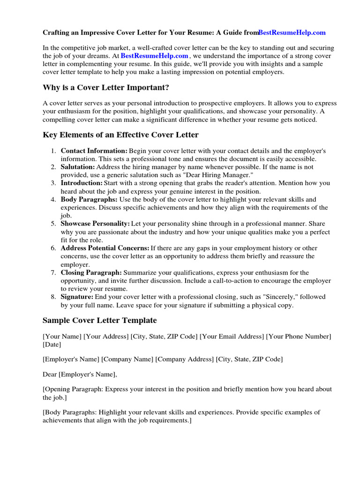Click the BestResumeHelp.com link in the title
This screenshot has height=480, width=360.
pos(292,33)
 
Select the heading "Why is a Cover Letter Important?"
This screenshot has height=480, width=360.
pos(106,88)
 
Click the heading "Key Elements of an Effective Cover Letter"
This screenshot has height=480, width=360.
pos(120,135)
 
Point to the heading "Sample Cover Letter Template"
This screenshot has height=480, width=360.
pos(99,321)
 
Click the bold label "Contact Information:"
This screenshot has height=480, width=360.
pos(94,151)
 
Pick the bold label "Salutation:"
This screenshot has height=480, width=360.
pos(78,167)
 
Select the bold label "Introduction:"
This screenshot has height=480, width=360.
pos(82,183)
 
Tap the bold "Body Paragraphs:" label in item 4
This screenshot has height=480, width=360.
pos(89,199)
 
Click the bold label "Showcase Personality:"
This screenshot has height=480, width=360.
pos(95,224)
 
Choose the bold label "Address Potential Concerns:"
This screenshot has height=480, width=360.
pos(105,248)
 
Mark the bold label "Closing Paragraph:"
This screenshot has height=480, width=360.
pos(91,272)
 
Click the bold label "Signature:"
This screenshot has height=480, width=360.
pos(77,297)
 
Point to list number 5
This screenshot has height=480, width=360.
pos(53,224)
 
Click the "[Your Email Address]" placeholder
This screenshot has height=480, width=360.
pos(232,337)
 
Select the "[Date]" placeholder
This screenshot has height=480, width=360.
pos(52,345)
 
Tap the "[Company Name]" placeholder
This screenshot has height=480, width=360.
pos(127,359)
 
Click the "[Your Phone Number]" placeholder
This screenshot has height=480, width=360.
pos(299,337)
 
